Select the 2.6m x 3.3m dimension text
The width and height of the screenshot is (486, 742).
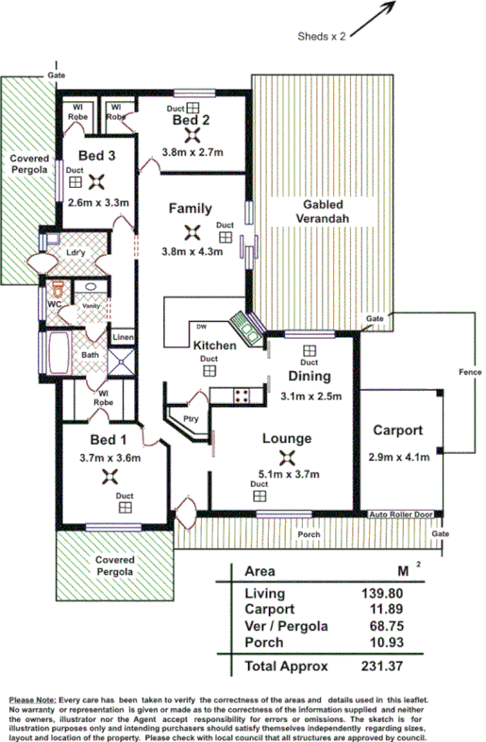click(x=98, y=201)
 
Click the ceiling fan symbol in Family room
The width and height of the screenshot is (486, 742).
click(x=192, y=231)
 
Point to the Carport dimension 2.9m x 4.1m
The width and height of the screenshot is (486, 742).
click(x=398, y=458)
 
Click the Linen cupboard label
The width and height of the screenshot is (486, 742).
click(x=123, y=337)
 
